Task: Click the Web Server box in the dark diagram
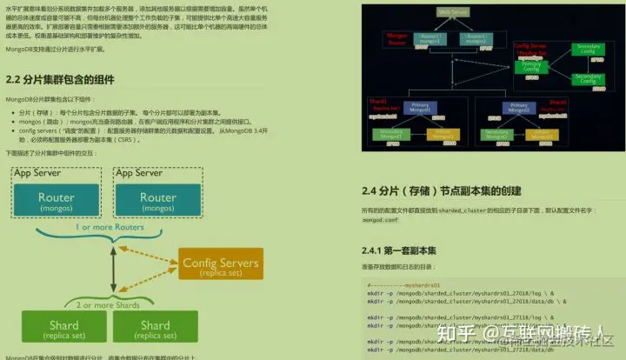[x=454, y=11]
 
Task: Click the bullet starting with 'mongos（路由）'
[x=130, y=123]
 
